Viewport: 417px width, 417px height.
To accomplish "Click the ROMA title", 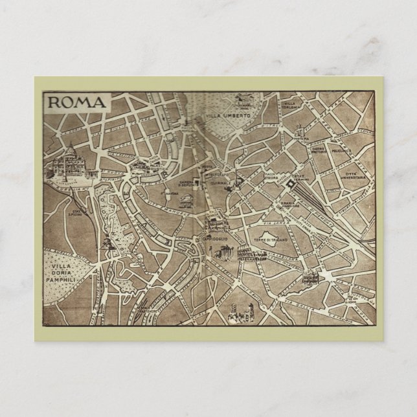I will point(76,102).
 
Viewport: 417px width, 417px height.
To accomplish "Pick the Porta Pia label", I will point(300,137).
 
